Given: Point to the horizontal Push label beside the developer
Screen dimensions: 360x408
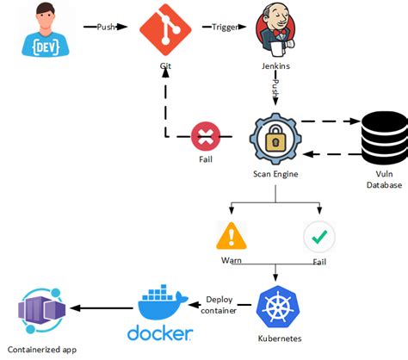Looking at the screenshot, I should pos(107,27).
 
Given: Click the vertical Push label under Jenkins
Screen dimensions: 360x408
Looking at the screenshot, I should pos(275,88).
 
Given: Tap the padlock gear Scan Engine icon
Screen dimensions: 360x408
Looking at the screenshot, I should pos(274,138).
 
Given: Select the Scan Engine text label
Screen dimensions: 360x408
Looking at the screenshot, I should pos(274,175).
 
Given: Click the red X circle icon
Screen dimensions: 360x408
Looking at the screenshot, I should pos(205,137).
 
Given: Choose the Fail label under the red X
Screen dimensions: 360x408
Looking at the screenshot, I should pos(205,160).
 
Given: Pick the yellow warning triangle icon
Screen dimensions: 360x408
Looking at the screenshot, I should pos(230,236).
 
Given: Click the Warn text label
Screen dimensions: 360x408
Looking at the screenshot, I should pos(230,260).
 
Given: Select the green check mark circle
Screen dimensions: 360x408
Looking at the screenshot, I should pos(319,236).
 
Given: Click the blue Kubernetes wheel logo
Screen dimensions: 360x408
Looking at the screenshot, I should pos(276,307).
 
